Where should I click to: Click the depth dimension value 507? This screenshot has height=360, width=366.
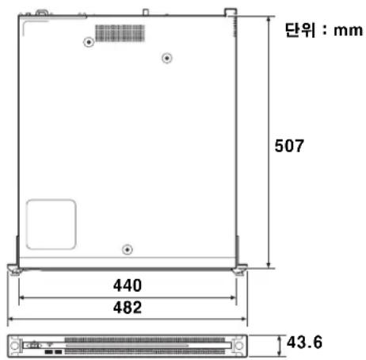tap(289, 146)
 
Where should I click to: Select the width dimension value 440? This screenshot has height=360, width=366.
tap(128, 285)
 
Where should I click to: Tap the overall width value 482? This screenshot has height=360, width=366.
tap(128, 308)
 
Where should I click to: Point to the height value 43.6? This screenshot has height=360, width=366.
tap(304, 343)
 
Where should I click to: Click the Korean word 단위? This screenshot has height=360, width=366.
tap(300, 30)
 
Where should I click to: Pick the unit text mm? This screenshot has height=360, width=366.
tap(348, 31)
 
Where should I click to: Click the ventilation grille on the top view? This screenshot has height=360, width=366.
tap(120, 33)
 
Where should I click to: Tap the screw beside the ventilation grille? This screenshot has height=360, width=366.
tap(89, 42)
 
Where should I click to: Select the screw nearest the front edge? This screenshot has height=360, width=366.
tap(128, 249)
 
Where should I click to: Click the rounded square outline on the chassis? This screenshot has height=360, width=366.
tap(27, 224)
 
